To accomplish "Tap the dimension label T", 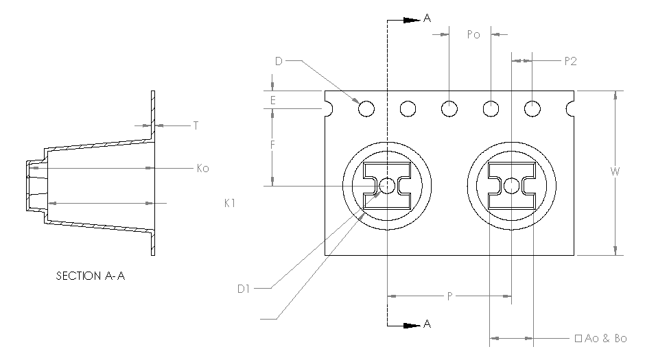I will pyautogui.click(x=196, y=125).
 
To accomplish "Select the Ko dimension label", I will pyautogui.click(x=202, y=168).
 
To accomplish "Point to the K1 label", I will pyautogui.click(x=231, y=203).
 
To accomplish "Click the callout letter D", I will pyautogui.click(x=279, y=62).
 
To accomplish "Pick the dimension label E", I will pyautogui.click(x=273, y=100).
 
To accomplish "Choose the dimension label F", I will pyautogui.click(x=273, y=145).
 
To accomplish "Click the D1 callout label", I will pyautogui.click(x=242, y=289).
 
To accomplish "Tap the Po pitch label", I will pyautogui.click(x=473, y=34).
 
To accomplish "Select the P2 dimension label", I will pyautogui.click(x=570, y=61).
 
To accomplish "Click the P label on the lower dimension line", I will pyautogui.click(x=449, y=296).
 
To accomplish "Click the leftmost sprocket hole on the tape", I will pyautogui.click(x=366, y=108).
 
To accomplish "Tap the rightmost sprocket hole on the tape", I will pyautogui.click(x=532, y=108).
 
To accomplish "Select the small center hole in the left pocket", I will pyautogui.click(x=387, y=186).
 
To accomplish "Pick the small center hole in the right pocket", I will pyautogui.click(x=511, y=186).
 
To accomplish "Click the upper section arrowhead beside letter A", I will pyautogui.click(x=411, y=20).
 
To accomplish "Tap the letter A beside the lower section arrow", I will pyautogui.click(x=427, y=325).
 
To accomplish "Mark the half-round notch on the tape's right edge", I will pyautogui.click(x=570, y=108).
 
